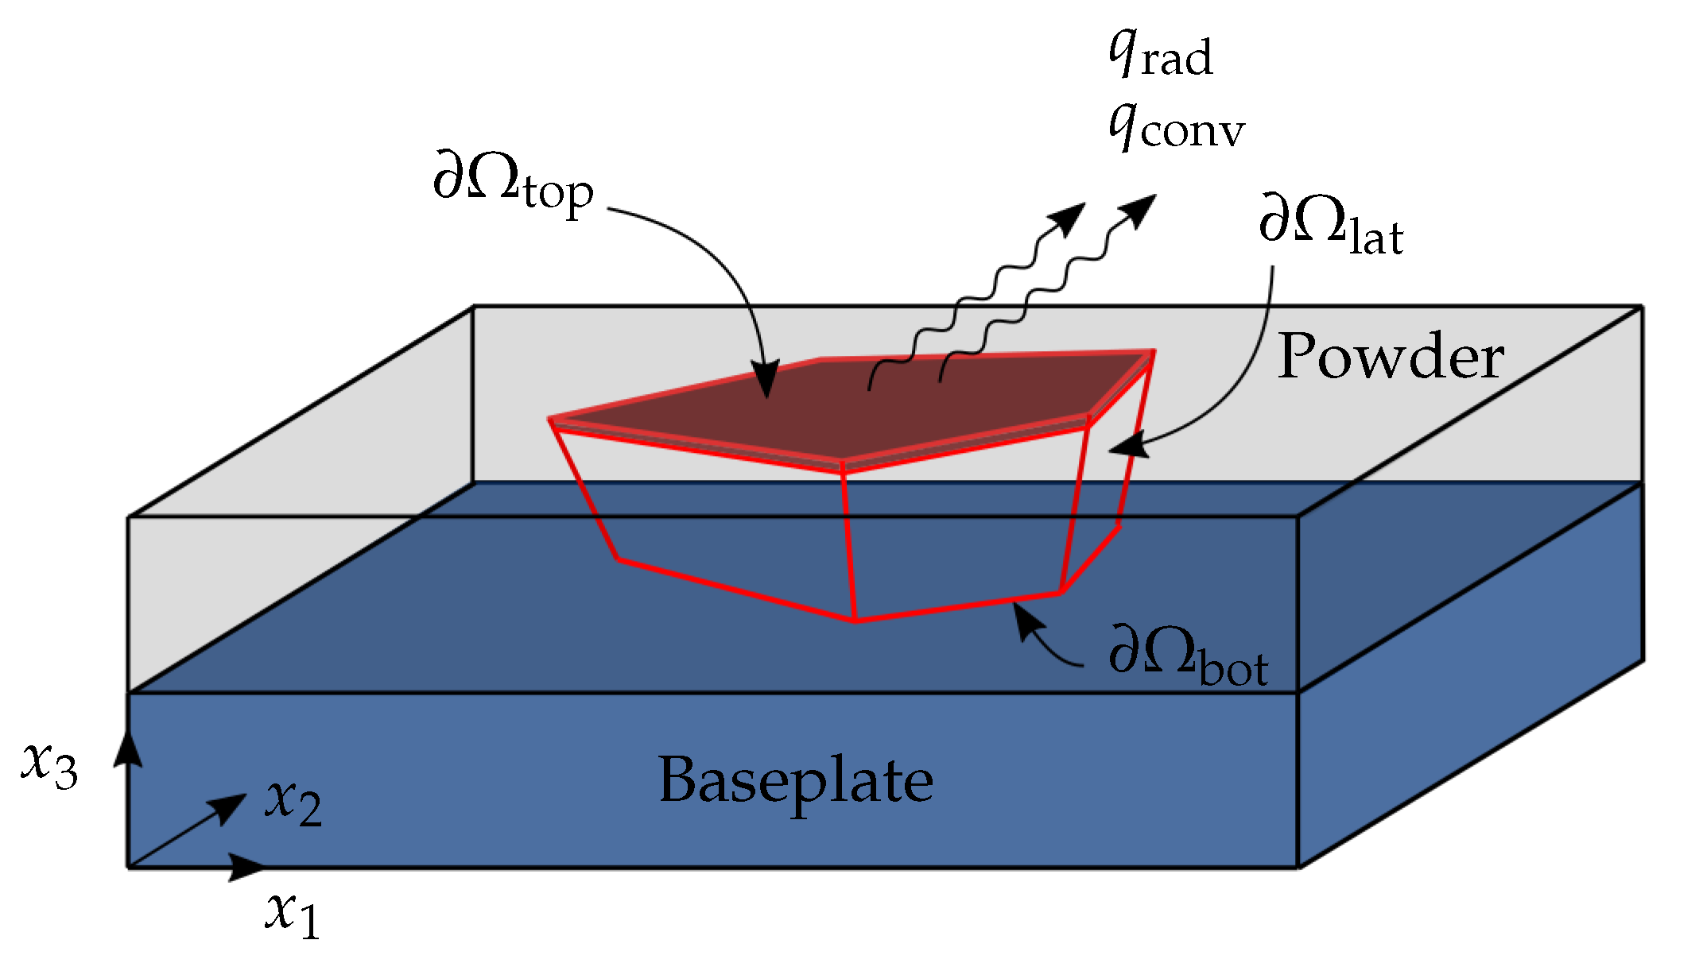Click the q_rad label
[1161, 54]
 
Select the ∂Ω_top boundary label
[513, 181]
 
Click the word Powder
[1391, 357]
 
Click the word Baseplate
[796, 780]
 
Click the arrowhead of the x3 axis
[128, 745]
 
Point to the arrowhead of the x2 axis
[231, 806]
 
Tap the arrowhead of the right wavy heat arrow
[1141, 208]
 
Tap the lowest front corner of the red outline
[855, 621]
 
